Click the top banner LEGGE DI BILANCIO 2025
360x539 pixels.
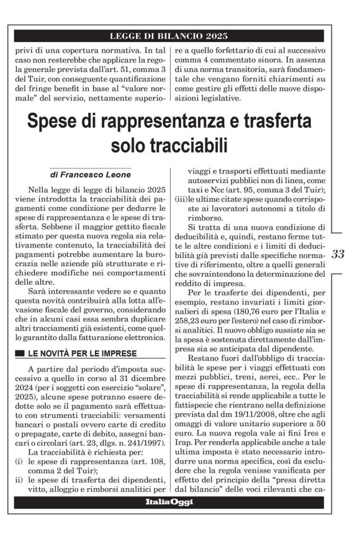pyautogui.click(x=169, y=36)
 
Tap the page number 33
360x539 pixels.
pyautogui.click(x=338, y=254)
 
